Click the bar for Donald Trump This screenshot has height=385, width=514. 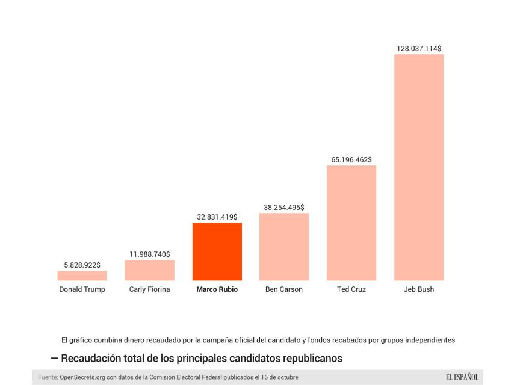pos(82,276)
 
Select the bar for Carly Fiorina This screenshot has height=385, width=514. pos(149,270)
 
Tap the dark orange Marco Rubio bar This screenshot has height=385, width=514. pos(217,251)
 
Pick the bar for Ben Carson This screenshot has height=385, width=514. pos(283,247)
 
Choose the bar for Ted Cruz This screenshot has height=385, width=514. pos(351,223)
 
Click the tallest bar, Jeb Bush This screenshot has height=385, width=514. pos(418,167)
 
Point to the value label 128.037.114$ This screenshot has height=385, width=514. pos(419,48)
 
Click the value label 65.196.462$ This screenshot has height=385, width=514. pos(351,159)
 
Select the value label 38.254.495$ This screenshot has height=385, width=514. pos(284,207)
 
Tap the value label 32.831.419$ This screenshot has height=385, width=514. pos(217,217)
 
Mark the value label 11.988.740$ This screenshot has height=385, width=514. pos(149,254)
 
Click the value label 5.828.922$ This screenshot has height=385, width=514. pos(82,265)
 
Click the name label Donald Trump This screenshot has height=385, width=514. pos(82,289)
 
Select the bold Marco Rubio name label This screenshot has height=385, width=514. pos(217,289)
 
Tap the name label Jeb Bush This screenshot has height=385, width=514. pos(419,289)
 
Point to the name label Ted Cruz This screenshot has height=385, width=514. pos(351,289)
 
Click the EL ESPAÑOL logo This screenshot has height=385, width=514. pos(462,377)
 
